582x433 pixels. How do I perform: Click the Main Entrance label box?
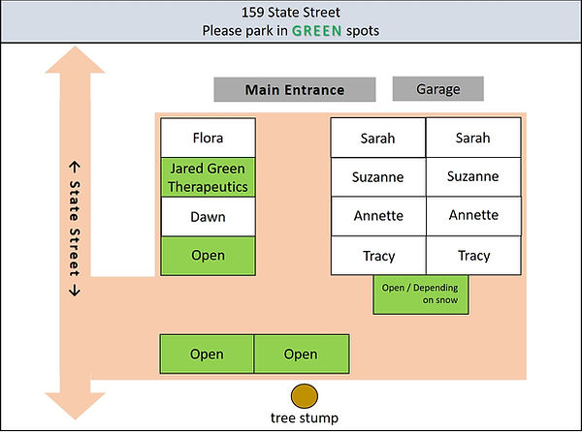(x=294, y=90)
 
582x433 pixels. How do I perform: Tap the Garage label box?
(x=438, y=90)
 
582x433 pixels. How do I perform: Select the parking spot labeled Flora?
(x=208, y=138)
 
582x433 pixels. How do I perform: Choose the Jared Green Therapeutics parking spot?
(x=208, y=177)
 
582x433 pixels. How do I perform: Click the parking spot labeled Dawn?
(x=208, y=217)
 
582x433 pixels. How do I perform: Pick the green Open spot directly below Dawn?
(x=208, y=256)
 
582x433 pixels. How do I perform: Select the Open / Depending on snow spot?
(x=420, y=294)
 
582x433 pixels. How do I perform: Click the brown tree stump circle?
(x=305, y=395)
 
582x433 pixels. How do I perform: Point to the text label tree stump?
(x=305, y=419)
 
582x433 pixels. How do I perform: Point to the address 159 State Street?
(x=291, y=13)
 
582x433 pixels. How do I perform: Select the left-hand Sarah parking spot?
(x=378, y=138)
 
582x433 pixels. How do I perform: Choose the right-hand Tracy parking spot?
(x=473, y=256)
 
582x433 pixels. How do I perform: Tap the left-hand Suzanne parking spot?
(x=378, y=177)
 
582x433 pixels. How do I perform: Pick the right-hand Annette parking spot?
(x=473, y=217)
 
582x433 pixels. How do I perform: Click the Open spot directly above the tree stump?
(x=301, y=354)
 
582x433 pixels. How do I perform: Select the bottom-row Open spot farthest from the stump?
(x=207, y=354)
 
